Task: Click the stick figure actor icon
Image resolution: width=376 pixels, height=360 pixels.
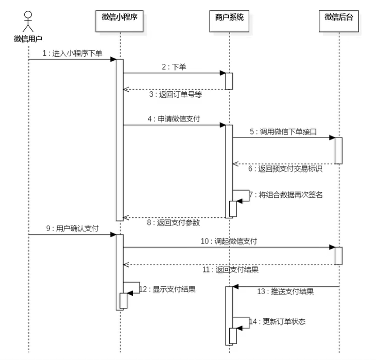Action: click(28, 21)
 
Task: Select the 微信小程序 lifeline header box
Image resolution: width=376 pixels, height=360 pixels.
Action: click(120, 18)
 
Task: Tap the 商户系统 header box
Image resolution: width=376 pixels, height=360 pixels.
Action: click(229, 18)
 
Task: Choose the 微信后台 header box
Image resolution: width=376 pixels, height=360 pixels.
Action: click(339, 18)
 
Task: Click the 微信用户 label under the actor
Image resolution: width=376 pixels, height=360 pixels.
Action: click(28, 38)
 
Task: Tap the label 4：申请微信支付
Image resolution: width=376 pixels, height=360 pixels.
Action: click(174, 118)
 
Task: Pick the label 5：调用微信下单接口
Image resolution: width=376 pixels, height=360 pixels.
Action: click(283, 131)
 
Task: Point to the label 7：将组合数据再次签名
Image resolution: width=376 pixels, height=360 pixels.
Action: click(285, 195)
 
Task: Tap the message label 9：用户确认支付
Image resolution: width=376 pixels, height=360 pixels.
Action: click(71, 228)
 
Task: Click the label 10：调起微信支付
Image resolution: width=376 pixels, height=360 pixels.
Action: click(229, 241)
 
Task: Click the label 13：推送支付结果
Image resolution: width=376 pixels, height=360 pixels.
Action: click(285, 292)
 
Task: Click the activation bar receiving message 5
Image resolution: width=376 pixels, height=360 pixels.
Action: click(339, 150)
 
